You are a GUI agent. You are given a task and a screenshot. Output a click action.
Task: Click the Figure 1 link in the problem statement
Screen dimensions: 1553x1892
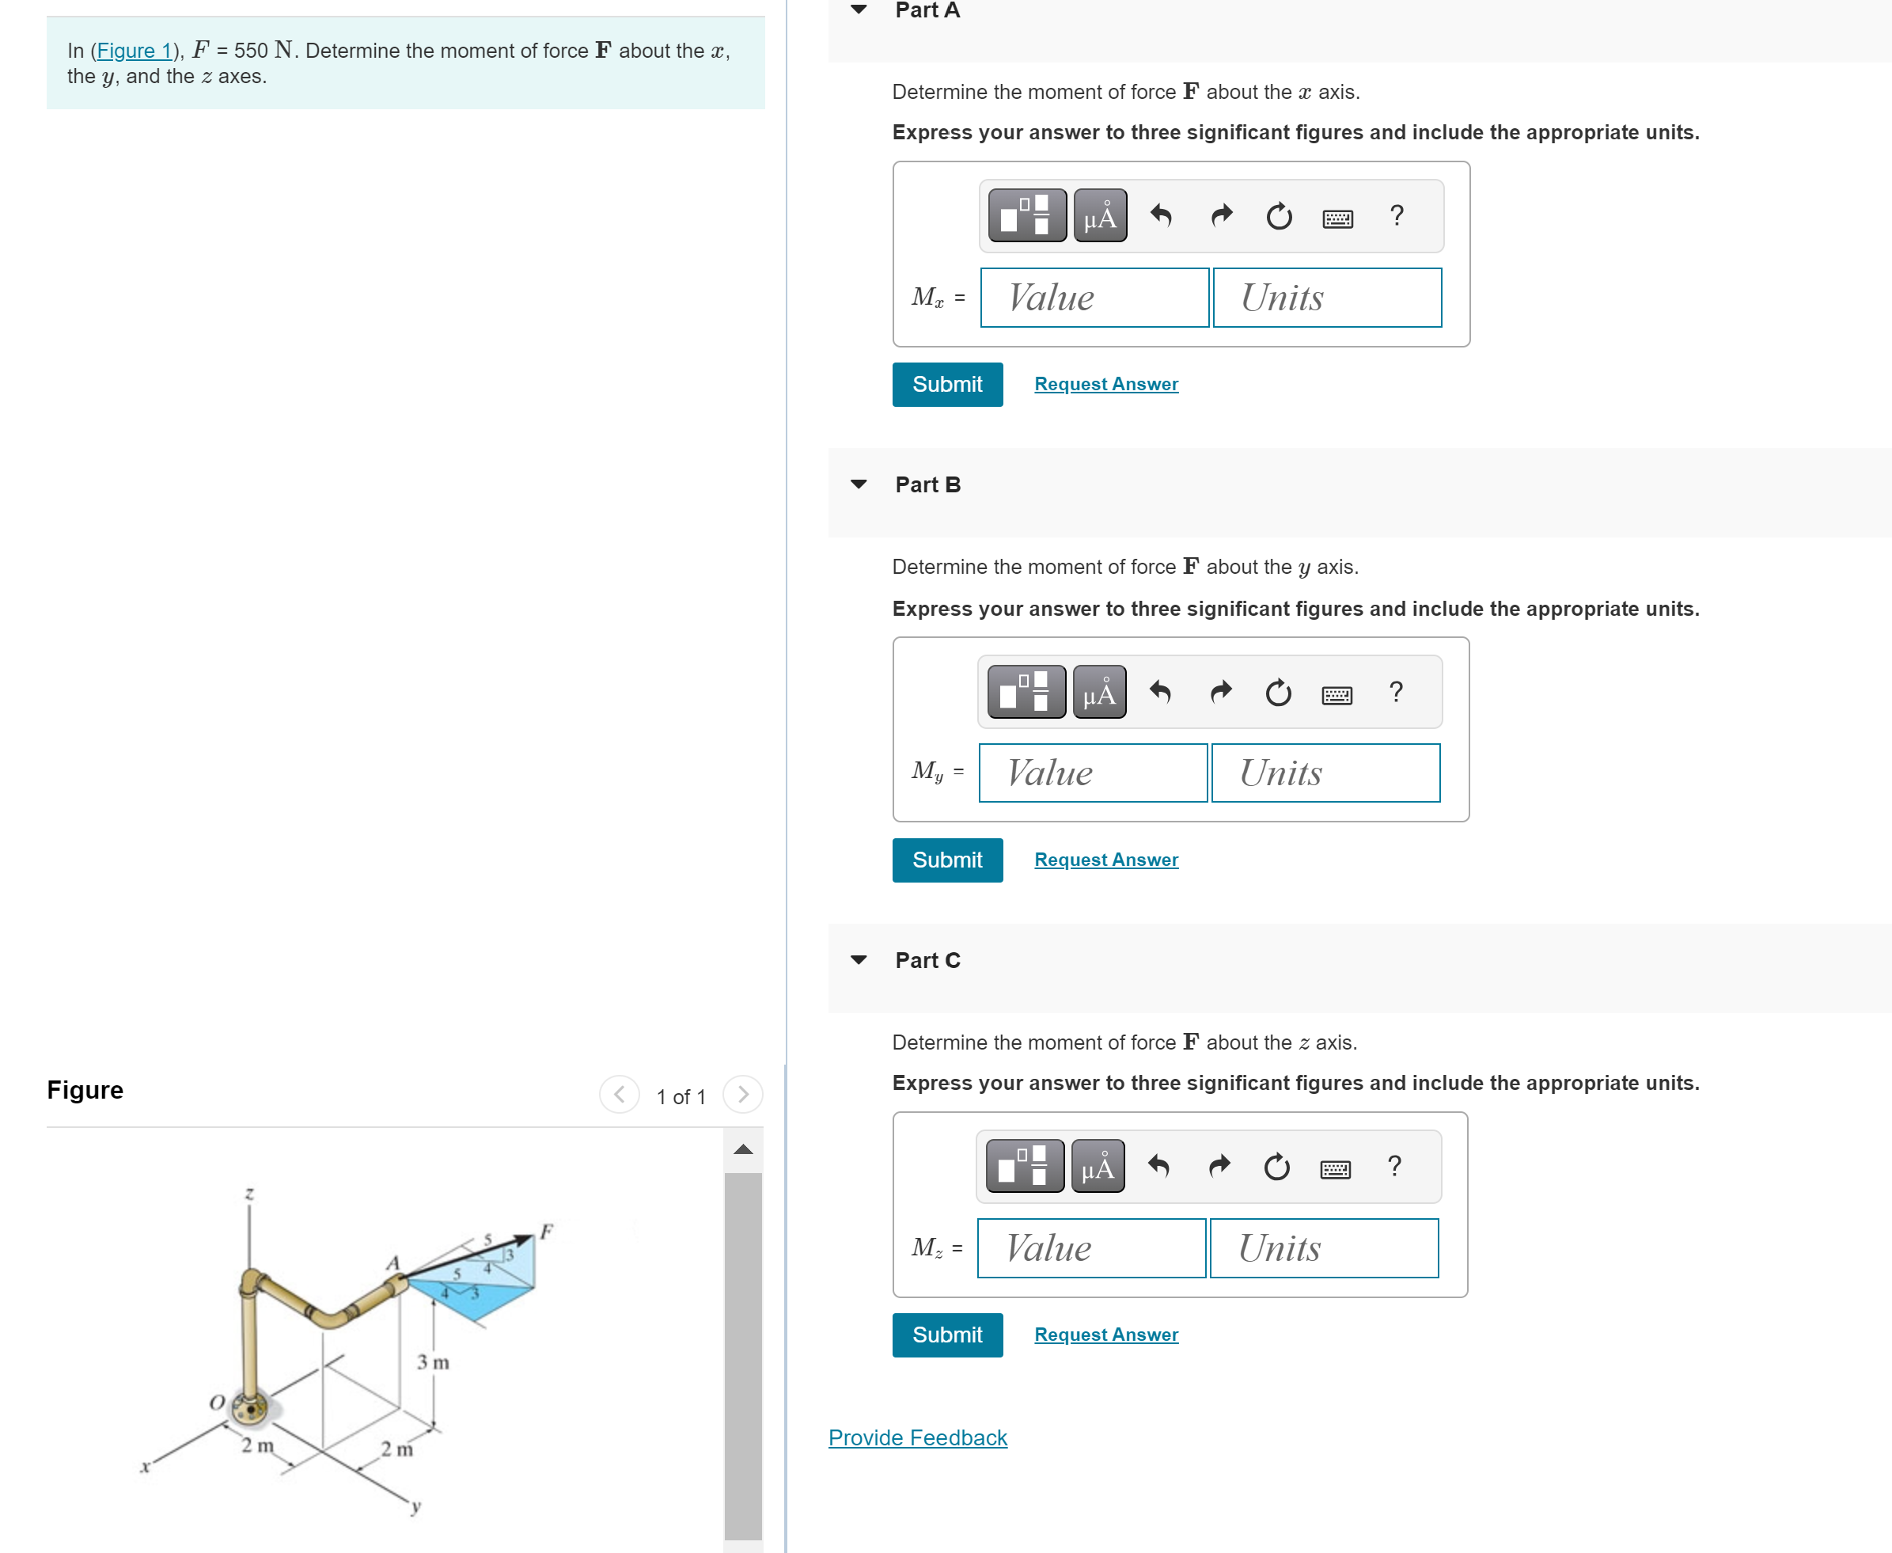(133, 51)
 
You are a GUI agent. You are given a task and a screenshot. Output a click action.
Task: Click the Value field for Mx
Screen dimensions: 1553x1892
(1094, 298)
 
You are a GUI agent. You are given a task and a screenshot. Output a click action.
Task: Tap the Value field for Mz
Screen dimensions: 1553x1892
(1091, 1248)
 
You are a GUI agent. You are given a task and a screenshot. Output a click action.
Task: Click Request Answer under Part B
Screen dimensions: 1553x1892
(1105, 860)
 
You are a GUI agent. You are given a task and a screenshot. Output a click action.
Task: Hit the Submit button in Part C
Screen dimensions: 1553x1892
(946, 1335)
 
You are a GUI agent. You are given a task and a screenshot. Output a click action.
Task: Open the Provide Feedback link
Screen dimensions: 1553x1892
(916, 1437)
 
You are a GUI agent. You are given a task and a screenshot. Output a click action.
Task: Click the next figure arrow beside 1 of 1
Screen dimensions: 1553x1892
(742, 1094)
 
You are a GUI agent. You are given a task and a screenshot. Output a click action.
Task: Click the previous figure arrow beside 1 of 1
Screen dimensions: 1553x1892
(619, 1094)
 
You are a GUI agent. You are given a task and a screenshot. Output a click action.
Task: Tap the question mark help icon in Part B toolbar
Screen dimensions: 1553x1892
(1395, 692)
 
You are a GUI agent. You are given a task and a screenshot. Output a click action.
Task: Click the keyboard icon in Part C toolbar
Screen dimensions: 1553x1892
(1335, 1168)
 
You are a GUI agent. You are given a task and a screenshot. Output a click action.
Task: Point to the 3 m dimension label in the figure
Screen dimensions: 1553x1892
(433, 1362)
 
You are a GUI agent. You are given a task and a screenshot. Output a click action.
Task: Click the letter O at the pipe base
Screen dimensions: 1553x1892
(216, 1402)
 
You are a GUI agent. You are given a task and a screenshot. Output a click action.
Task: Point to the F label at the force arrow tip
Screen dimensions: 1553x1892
(546, 1231)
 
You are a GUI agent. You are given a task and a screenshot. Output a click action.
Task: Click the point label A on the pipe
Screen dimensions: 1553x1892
(392, 1263)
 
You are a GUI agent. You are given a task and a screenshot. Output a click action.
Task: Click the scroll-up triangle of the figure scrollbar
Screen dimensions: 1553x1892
(742, 1149)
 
